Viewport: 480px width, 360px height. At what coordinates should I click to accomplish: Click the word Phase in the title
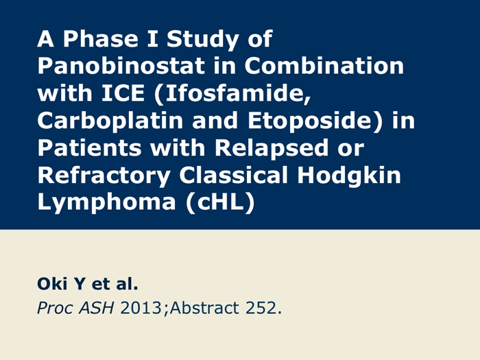pyautogui.click(x=100, y=38)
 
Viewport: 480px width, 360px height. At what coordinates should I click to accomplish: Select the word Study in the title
pyautogui.click(x=203, y=40)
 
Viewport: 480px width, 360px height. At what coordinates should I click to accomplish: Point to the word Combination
pyautogui.click(x=324, y=66)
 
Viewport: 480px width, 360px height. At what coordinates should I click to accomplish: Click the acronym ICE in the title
pyautogui.click(x=123, y=93)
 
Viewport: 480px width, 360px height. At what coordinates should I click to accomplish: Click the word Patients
pyautogui.click(x=90, y=147)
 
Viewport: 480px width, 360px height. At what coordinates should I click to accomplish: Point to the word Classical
pyautogui.click(x=233, y=175)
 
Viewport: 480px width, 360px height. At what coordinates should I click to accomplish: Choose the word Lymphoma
pyautogui.click(x=106, y=203)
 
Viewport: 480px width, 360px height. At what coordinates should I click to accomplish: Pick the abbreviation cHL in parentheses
pyautogui.click(x=220, y=202)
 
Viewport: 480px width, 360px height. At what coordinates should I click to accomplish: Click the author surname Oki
pyautogui.click(x=52, y=283)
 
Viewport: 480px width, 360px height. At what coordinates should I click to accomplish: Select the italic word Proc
pyautogui.click(x=55, y=308)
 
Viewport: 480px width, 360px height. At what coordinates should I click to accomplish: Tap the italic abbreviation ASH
pyautogui.click(x=97, y=308)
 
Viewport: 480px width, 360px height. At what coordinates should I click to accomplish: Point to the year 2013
pyautogui.click(x=141, y=308)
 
